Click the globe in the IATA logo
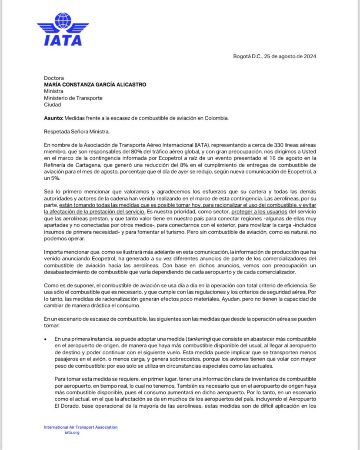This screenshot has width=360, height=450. pos(63,21)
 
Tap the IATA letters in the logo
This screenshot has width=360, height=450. pos(63,40)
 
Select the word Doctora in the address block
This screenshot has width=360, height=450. pos(53,77)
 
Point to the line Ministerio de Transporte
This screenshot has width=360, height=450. pos(73,98)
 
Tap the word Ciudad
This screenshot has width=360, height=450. pos(53,105)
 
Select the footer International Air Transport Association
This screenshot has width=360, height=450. pos(80,427)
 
